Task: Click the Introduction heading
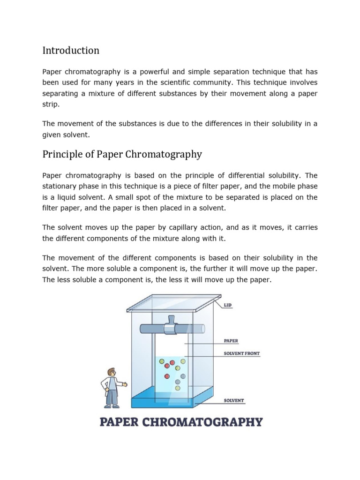(71, 50)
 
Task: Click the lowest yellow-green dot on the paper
(178, 387)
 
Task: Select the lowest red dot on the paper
(166, 376)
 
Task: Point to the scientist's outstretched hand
(125, 384)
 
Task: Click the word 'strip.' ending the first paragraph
(51, 105)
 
